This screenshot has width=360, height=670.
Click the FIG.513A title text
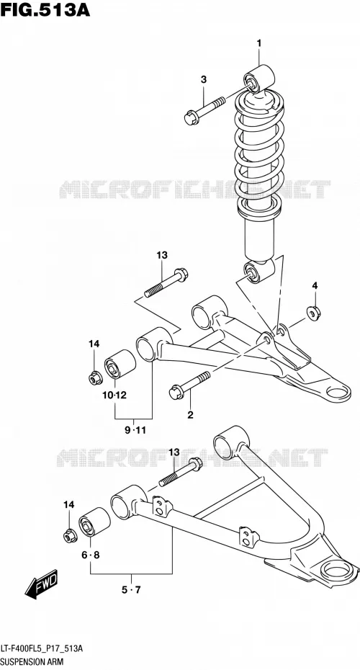click(45, 9)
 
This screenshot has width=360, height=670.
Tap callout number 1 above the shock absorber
click(258, 43)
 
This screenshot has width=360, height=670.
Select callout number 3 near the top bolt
click(204, 79)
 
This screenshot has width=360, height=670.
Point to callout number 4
click(315, 285)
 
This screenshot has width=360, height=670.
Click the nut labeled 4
click(314, 313)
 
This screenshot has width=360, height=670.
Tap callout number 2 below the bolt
click(191, 414)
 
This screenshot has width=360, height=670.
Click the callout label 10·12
click(114, 396)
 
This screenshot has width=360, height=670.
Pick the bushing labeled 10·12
click(120, 365)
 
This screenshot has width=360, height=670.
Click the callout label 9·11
click(135, 430)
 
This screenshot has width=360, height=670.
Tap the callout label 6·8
click(91, 555)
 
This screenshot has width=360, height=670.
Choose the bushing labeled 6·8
click(94, 522)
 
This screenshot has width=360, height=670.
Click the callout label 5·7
click(131, 590)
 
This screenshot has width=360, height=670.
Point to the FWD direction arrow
click(41, 584)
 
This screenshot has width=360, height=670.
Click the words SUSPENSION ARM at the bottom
click(32, 661)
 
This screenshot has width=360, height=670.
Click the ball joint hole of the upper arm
click(338, 391)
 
